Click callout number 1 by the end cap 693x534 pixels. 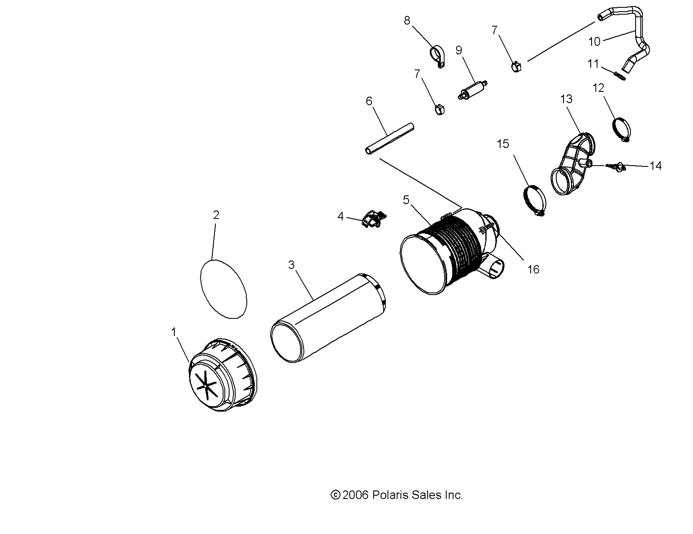tap(174, 332)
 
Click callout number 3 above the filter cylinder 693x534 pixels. tap(291, 264)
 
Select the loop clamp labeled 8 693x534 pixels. tap(437, 57)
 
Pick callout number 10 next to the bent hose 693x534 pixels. tap(594, 41)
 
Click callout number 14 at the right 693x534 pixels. tap(655, 166)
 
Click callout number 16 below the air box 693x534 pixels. tap(533, 269)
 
